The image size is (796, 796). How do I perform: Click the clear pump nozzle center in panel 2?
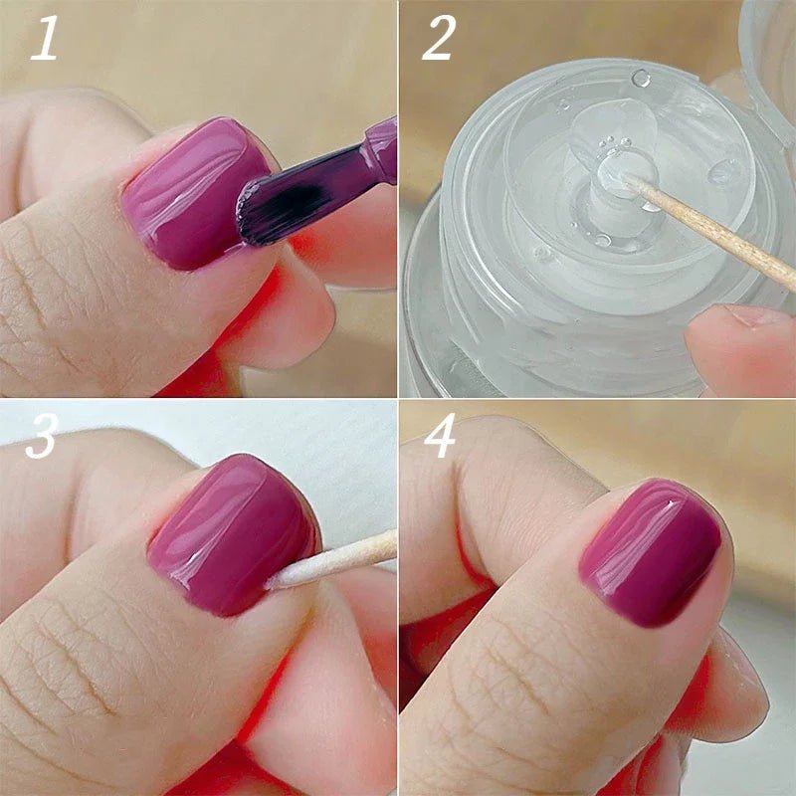pyautogui.click(x=609, y=174)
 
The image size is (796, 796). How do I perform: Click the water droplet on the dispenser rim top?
pyautogui.click(x=642, y=78)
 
